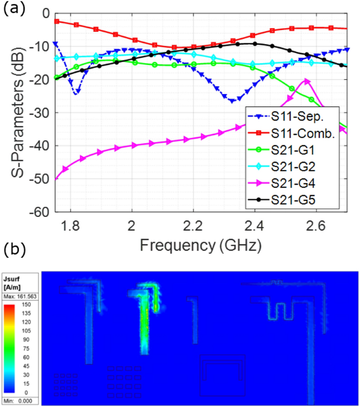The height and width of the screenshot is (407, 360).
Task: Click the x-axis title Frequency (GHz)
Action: pos(201,244)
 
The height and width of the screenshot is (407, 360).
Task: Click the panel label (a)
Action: pos(13,9)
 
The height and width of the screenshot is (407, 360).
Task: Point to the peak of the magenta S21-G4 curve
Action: pos(307,80)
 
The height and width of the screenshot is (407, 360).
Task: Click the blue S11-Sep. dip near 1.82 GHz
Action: pos(76,92)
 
